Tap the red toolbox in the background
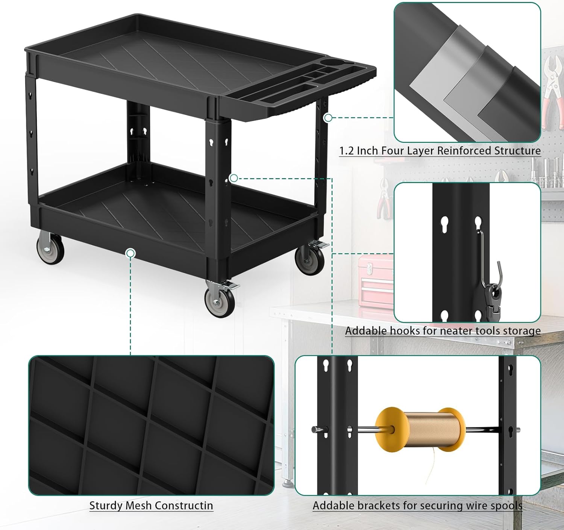tap(375, 280)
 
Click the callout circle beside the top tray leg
tap(328, 118)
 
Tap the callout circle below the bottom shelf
tap(130, 253)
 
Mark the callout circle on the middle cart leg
tap(233, 178)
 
